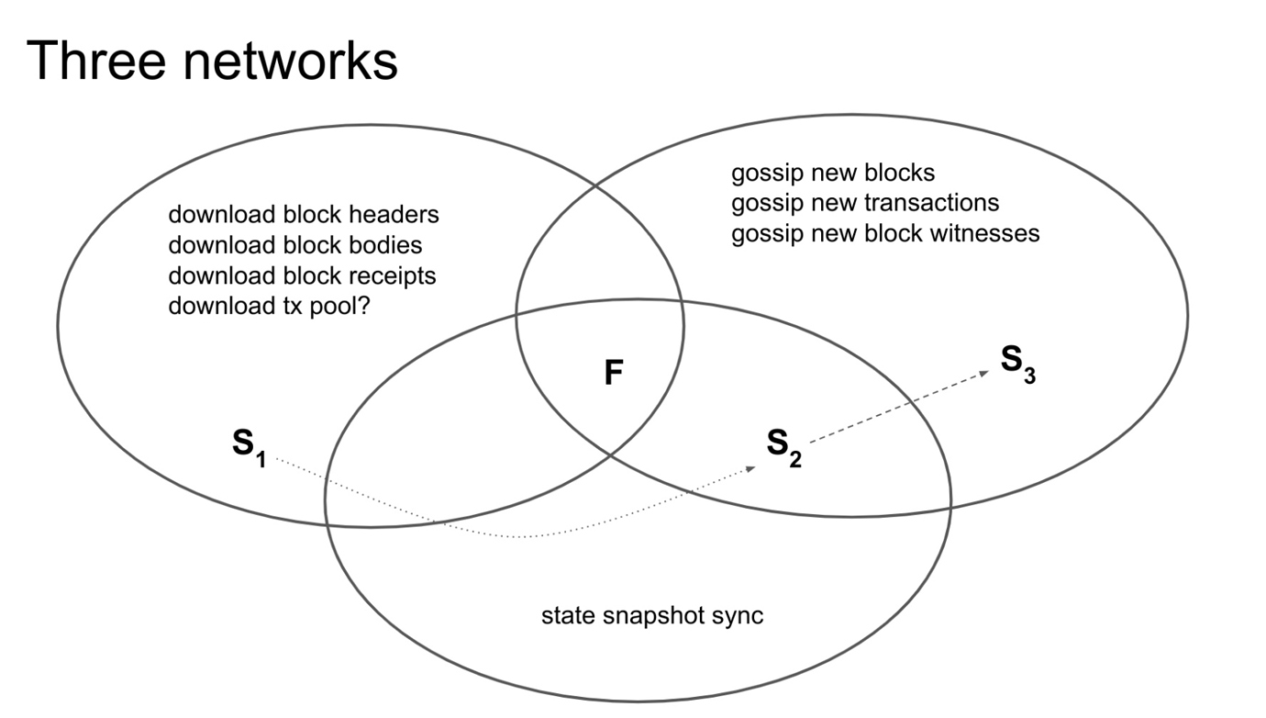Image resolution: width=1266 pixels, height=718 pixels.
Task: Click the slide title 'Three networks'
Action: click(x=212, y=62)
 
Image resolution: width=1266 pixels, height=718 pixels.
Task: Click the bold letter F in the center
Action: click(x=614, y=373)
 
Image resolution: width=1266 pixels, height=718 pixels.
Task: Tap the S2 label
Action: click(x=783, y=446)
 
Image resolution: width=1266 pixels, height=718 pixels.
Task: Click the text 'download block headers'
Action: click(x=304, y=215)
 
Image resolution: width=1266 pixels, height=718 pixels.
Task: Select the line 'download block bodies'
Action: click(x=294, y=245)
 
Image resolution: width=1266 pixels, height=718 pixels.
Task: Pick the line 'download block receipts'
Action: click(x=302, y=275)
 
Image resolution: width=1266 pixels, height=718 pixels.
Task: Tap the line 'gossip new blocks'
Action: click(x=833, y=173)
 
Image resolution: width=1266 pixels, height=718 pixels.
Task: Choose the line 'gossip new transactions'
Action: click(x=865, y=203)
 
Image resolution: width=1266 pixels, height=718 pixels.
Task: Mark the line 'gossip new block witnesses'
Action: click(x=885, y=233)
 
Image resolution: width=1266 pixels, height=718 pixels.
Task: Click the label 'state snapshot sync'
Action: click(x=651, y=615)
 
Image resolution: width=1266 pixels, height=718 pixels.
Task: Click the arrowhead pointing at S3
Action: click(x=983, y=373)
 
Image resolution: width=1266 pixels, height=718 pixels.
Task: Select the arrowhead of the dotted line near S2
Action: click(x=750, y=468)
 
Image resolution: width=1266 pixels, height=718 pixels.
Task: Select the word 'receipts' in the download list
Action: click(x=394, y=275)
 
